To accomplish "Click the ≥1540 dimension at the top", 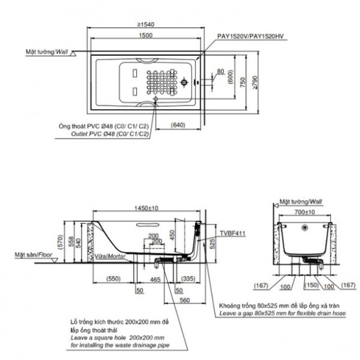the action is tap(146, 25).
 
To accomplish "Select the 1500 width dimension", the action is tap(145, 36).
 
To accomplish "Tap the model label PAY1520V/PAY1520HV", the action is tap(250, 36).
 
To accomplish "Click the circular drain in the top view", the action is tap(184, 82).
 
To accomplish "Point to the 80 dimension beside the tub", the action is tap(220, 71).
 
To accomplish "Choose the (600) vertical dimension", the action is tap(231, 77).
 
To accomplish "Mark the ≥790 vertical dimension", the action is tap(255, 82).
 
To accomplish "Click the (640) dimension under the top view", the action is tap(178, 125).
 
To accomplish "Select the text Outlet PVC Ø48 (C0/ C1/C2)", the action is tap(110, 134).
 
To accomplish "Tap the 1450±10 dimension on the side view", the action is tap(146, 209).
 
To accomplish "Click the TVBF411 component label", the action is tap(233, 234).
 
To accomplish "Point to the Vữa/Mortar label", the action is tap(110, 256).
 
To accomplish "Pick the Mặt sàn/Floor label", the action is tap(34, 255).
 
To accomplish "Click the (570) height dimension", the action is tap(60, 242).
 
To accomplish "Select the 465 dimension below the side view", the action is tap(155, 280).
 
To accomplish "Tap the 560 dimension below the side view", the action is tap(185, 301).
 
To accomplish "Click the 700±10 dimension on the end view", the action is tap(305, 212).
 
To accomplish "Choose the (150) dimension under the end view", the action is tap(312, 285).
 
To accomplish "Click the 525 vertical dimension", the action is tap(212, 243).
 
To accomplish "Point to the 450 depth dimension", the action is tap(172, 236).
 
